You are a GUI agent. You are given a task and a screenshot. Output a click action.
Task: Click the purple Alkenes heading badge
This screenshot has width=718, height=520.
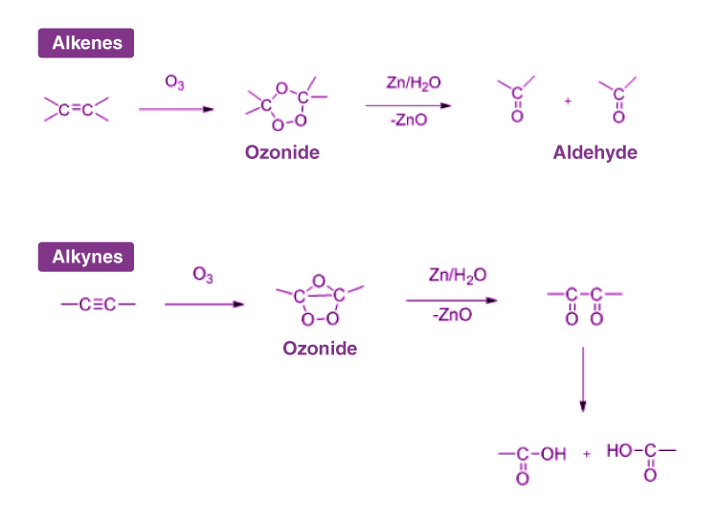tap(86, 43)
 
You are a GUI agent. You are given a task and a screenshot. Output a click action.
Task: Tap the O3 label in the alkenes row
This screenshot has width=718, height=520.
tap(175, 83)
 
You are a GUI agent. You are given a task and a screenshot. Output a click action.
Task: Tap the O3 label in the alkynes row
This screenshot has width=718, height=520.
tap(203, 276)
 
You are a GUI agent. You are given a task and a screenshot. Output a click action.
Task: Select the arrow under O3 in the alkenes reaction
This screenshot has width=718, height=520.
tap(176, 109)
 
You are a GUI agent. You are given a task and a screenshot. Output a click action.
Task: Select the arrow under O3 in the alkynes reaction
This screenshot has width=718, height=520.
tap(204, 305)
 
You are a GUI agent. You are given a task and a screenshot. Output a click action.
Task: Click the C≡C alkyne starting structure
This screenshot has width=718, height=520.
tap(98, 305)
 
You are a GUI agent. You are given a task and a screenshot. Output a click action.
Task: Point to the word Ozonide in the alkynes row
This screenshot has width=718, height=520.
tap(320, 349)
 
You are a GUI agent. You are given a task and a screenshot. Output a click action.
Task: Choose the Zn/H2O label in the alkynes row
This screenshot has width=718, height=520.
tap(458, 276)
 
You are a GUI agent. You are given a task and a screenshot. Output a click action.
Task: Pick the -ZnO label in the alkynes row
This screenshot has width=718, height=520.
tap(452, 315)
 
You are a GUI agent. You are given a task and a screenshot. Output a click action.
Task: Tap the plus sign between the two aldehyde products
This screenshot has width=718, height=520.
tap(568, 101)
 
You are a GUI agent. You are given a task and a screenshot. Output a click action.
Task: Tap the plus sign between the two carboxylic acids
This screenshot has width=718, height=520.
tap(587, 453)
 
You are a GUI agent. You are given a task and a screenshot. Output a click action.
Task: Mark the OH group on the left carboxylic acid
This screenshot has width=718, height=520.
tap(554, 454)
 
